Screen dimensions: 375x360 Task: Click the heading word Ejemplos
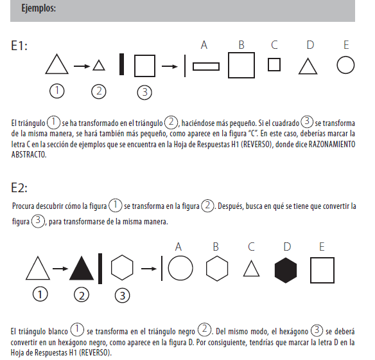39,8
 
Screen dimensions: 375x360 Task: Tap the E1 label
19,46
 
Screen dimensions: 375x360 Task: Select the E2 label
19,188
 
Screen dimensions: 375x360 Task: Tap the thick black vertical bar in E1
121,64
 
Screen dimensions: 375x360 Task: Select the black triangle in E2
82,269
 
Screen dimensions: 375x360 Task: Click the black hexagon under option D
286,271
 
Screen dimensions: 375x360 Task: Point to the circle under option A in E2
180,256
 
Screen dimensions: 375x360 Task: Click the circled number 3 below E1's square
144,86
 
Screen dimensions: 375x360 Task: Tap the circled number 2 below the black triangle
82,288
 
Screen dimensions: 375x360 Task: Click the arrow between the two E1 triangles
82,66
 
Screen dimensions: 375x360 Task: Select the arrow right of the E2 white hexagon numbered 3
149,269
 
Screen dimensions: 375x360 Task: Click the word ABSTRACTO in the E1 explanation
29,155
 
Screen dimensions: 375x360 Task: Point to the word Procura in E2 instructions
23,206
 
